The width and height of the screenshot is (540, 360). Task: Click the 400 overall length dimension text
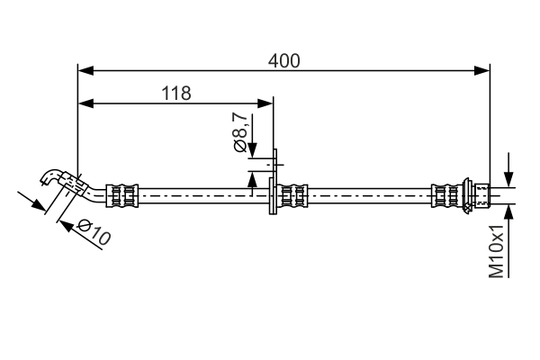tap(284, 61)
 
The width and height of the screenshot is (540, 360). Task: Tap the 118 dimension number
tap(176, 93)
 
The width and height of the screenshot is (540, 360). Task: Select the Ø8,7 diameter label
tap(240, 132)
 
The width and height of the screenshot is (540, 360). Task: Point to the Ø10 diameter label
tap(94, 232)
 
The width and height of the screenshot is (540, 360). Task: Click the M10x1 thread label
tap(496, 250)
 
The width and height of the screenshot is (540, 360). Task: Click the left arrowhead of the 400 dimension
tap(85, 70)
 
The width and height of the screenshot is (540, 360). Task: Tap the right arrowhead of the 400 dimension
tap(481, 70)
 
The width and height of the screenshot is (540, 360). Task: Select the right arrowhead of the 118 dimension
tap(265, 103)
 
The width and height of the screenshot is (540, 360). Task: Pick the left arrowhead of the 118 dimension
tap(85, 103)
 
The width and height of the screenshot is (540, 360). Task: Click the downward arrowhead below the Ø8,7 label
tap(252, 150)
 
